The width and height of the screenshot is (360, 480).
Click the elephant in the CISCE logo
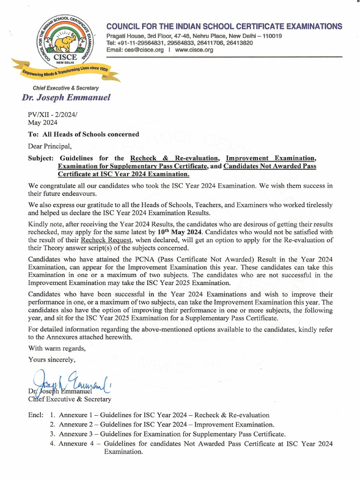point(65,43)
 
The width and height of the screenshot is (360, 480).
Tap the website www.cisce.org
point(194,50)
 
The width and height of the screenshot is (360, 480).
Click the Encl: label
point(36,415)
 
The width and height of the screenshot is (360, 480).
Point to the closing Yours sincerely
point(52,360)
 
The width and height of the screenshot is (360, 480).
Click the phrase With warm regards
point(57,348)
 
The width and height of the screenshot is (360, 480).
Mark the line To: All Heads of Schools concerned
point(83,134)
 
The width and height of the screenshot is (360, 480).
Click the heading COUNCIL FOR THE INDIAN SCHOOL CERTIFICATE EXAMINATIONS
point(224,26)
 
